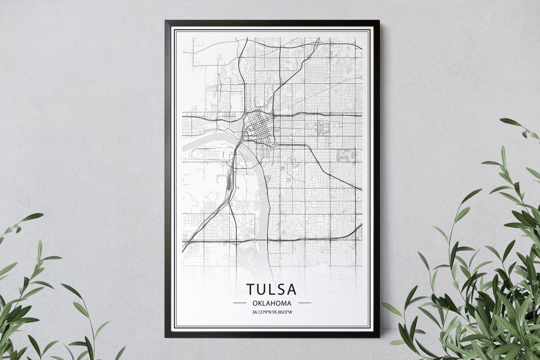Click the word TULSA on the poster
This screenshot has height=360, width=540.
(271, 289)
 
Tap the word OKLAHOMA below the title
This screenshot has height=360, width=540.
(272, 303)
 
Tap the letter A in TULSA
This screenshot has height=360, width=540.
(291, 289)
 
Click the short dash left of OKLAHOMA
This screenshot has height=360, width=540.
(240, 303)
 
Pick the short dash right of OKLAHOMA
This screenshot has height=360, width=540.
(304, 303)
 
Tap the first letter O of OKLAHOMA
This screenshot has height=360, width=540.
(255, 303)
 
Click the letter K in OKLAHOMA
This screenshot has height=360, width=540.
(260, 303)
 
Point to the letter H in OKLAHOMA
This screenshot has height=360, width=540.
(274, 303)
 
